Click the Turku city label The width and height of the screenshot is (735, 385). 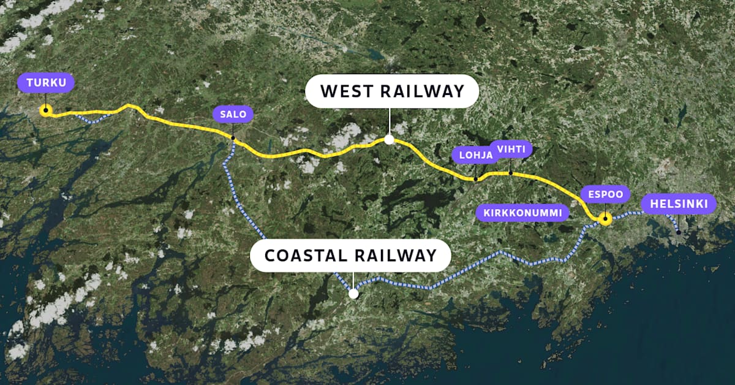click(45, 83)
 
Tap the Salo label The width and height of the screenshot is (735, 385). click(232, 113)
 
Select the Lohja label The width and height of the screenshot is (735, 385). click(476, 155)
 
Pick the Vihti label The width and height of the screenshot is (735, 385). click(511, 149)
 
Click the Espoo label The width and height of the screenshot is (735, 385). click(605, 195)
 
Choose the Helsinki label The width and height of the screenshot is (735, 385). click(678, 204)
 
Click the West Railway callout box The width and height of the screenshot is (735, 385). click(392, 91)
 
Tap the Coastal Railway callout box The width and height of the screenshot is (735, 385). click(351, 255)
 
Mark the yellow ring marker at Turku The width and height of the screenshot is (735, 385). click(45, 110)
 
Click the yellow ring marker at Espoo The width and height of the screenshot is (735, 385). click(605, 219)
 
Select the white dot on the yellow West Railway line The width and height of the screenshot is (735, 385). click(389, 139)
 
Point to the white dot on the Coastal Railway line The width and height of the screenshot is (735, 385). click(353, 294)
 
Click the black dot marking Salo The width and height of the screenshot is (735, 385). click(233, 138)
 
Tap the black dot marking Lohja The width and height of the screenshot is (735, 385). click(476, 179)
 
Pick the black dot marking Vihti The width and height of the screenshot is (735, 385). click(510, 173)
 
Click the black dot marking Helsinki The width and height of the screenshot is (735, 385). click(678, 232)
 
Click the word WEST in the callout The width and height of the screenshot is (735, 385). click(346, 91)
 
